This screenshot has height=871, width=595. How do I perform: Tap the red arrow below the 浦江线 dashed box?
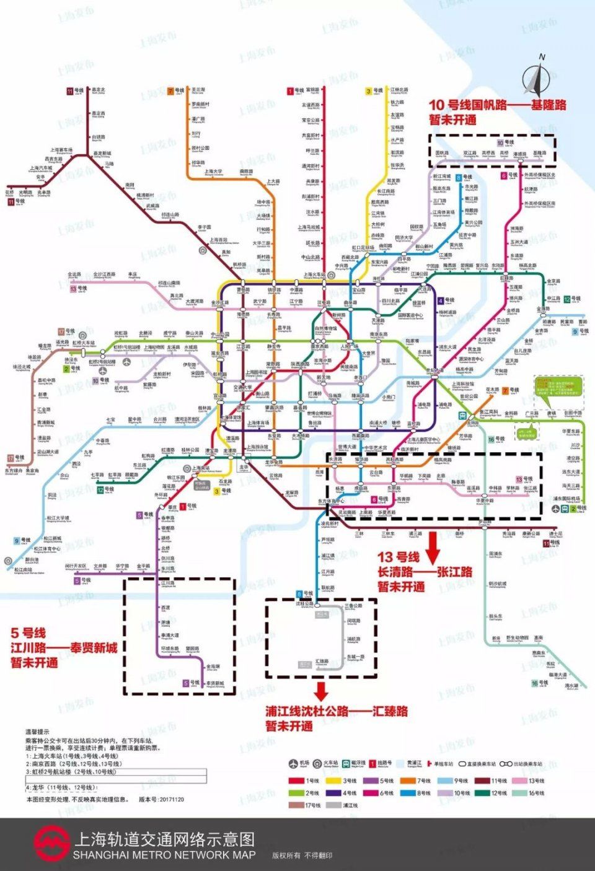pyautogui.click(x=320, y=690)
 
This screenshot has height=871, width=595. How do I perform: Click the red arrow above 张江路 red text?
pyautogui.click(x=433, y=545)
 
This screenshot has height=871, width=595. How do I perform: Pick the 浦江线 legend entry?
pyautogui.click(x=342, y=805)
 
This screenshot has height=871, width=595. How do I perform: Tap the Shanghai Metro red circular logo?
pyautogui.click(x=51, y=844)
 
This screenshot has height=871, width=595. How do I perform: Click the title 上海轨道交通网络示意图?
pyautogui.click(x=164, y=839)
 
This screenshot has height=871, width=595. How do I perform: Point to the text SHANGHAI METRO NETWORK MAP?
pyautogui.click(x=164, y=855)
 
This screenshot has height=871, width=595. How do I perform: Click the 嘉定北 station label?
pyautogui.click(x=99, y=90)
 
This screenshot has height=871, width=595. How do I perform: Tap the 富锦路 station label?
pyautogui.click(x=312, y=90)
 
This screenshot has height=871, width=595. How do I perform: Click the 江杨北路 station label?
pyautogui.click(x=399, y=90)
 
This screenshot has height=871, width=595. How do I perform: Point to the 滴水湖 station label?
pyautogui.click(x=571, y=686)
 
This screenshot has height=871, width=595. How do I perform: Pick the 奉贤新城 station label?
pyautogui.click(x=215, y=684)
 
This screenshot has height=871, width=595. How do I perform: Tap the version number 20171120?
pyautogui.click(x=170, y=799)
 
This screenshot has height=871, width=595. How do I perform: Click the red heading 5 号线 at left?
pyautogui.click(x=29, y=633)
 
